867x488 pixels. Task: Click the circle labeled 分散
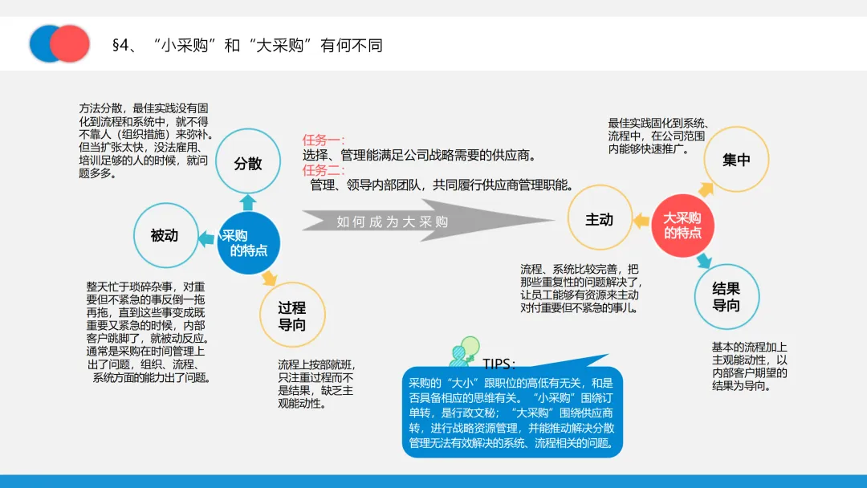[x=248, y=163]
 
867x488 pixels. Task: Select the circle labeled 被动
[x=165, y=235]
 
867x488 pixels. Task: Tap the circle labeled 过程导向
[x=291, y=316]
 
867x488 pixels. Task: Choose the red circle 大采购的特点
[x=682, y=226]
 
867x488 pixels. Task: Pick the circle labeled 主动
[x=599, y=219]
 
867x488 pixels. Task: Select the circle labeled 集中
[x=736, y=160]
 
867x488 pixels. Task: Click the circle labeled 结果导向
[x=726, y=297]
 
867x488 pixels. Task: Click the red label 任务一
[x=324, y=140]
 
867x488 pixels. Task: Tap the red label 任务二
[x=324, y=170]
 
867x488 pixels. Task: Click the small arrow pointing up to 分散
[x=248, y=201]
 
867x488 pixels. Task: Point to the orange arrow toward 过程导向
[x=270, y=279]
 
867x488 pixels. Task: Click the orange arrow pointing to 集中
[x=705, y=189]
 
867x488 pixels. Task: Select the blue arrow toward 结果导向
[x=704, y=260]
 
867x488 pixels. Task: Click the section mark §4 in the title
[x=120, y=45]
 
